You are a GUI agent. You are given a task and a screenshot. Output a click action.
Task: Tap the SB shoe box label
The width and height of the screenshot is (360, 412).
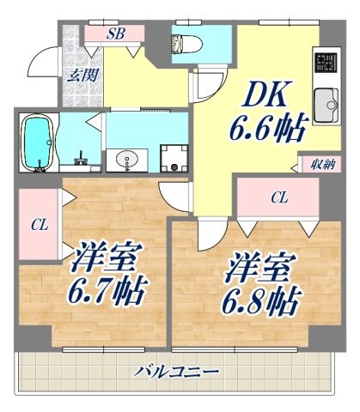pyautogui.click(x=115, y=34)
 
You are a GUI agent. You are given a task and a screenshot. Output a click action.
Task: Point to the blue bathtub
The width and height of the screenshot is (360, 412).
pyautogui.click(x=38, y=142)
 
